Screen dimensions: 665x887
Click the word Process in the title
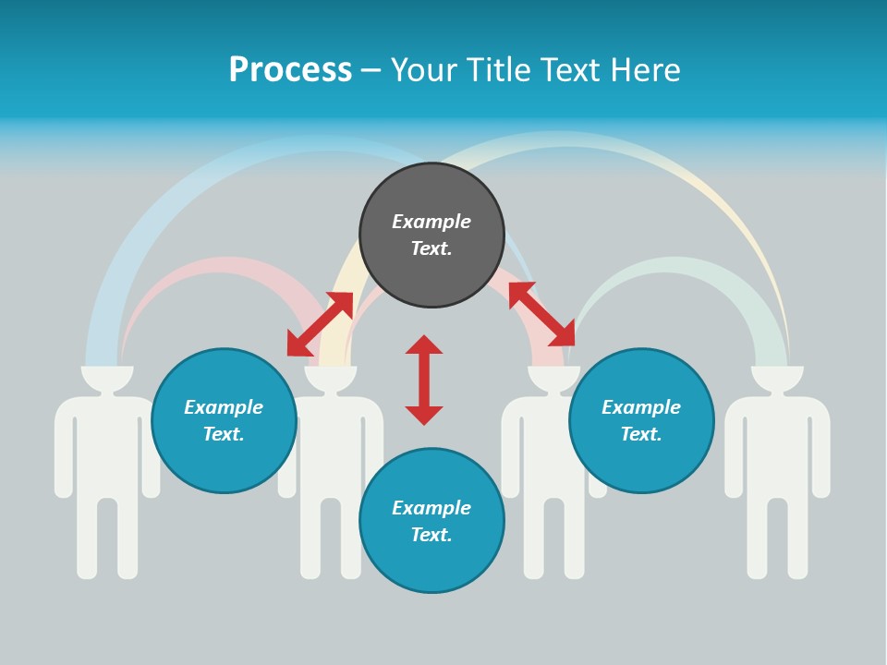(290, 70)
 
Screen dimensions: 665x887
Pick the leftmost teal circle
(224, 420)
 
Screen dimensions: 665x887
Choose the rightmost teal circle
(641, 420)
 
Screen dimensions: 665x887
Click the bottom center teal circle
(431, 521)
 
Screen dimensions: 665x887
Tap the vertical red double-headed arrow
(424, 380)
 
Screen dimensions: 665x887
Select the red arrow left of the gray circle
(320, 324)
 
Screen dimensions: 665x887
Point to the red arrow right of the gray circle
(541, 314)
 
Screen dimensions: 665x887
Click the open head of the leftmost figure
(107, 376)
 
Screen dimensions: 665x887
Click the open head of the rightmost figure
(777, 376)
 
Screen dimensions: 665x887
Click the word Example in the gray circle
(431, 222)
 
